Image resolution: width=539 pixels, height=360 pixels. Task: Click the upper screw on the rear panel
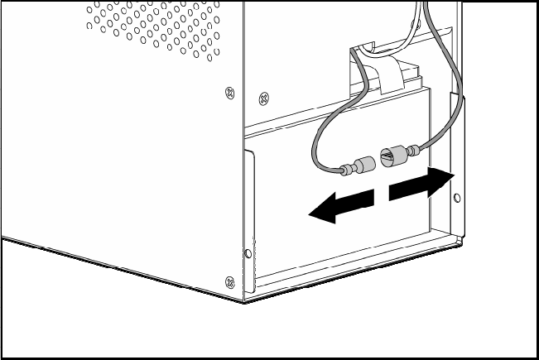coord(263,98)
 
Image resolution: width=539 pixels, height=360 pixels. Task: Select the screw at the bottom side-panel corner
coord(229,280)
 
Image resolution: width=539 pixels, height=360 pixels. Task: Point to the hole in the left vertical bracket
coord(246,252)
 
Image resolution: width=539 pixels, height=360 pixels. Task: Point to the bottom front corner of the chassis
coord(243,300)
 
